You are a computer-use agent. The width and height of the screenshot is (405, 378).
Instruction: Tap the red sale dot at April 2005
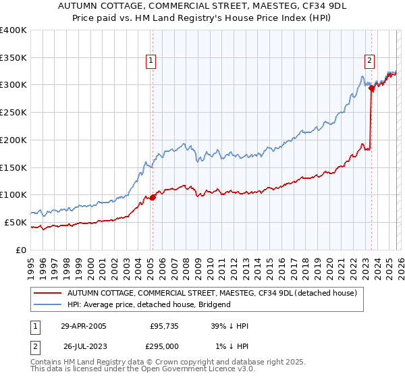click(153, 197)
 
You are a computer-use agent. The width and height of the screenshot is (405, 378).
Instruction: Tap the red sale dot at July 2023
click(372, 88)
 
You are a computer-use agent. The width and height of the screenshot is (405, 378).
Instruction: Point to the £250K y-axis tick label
click(13, 113)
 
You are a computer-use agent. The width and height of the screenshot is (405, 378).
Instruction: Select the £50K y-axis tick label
click(16, 222)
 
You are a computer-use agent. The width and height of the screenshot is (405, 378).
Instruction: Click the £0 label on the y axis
click(21, 250)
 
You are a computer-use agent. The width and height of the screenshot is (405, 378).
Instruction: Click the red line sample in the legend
click(47, 293)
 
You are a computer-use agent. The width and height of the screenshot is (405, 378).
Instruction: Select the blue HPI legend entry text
click(148, 304)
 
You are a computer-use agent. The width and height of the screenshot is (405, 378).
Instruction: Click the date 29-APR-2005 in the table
click(84, 326)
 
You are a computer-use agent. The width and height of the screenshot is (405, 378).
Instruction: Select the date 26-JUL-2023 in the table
click(85, 346)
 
